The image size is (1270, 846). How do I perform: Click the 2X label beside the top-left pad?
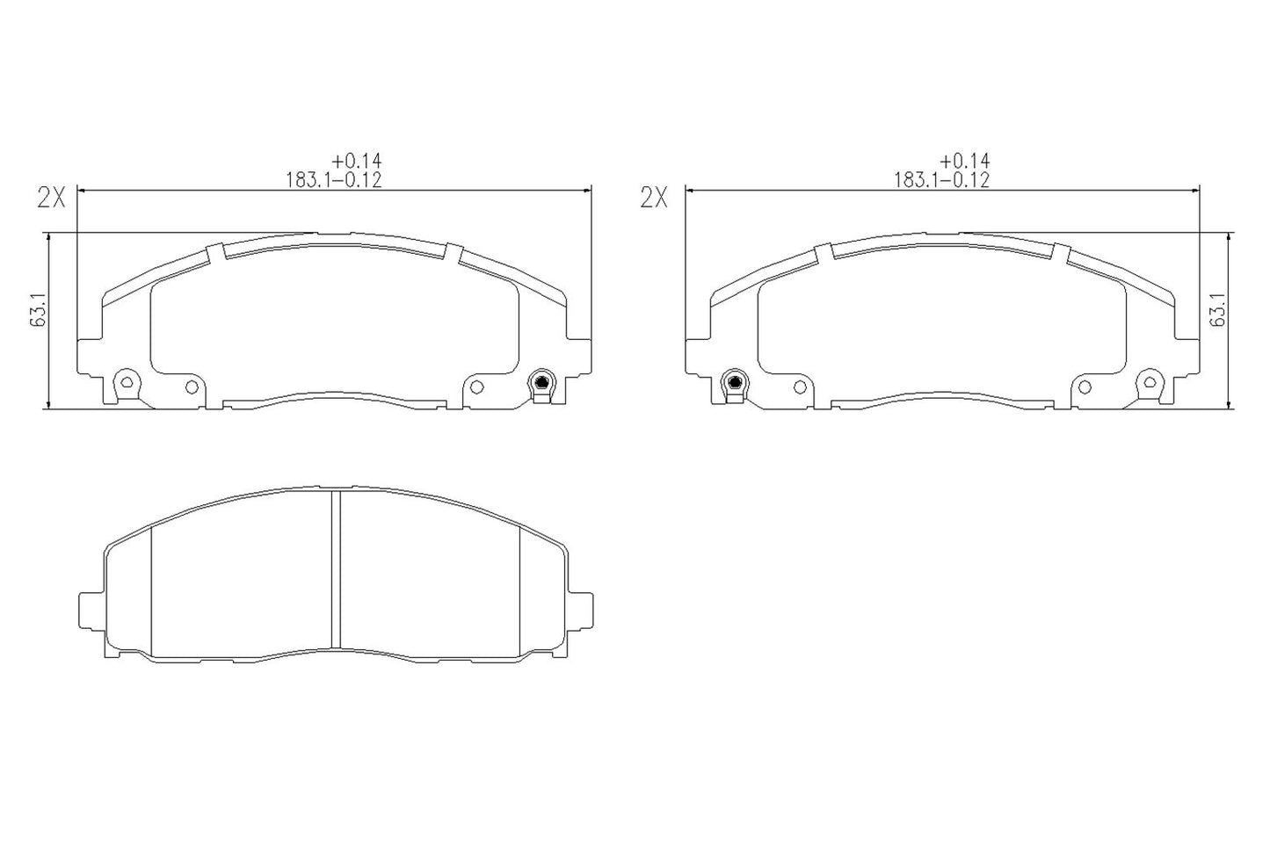(51, 198)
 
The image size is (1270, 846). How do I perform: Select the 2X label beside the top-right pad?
(654, 198)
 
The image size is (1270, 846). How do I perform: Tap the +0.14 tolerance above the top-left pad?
(357, 161)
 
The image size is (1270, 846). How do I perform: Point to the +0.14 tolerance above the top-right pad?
(964, 161)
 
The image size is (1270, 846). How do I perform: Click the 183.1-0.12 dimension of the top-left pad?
(333, 179)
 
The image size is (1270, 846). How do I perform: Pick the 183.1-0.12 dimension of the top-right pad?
(941, 179)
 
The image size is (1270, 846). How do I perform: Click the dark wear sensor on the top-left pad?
(541, 382)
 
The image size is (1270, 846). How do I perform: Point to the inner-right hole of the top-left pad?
(477, 387)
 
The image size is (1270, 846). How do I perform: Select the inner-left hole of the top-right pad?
(799, 387)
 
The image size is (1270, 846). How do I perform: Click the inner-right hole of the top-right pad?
(1085, 387)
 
